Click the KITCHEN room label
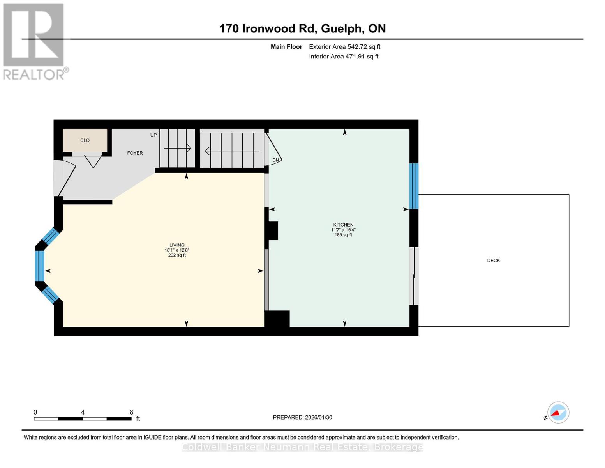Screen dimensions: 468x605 click(x=343, y=225)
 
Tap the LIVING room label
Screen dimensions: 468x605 click(x=177, y=245)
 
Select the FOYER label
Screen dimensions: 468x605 click(x=135, y=153)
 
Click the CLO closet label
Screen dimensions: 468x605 click(x=85, y=140)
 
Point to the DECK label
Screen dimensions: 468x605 click(x=493, y=261)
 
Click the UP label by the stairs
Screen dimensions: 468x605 click(x=153, y=135)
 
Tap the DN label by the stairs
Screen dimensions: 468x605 click(x=275, y=160)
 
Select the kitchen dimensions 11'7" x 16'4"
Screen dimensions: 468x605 click(x=343, y=230)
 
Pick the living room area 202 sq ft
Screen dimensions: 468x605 click(x=177, y=255)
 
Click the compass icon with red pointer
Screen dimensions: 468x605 click(x=558, y=412)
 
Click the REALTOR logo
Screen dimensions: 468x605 click(x=34, y=41)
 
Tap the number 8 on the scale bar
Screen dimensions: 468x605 click(x=131, y=412)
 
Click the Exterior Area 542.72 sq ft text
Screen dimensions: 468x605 click(x=344, y=47)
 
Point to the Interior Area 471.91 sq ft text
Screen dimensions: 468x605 click(x=344, y=57)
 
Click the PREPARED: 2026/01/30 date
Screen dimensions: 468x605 click(x=302, y=417)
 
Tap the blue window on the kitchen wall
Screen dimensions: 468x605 click(x=414, y=186)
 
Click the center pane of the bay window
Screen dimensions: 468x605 click(x=39, y=266)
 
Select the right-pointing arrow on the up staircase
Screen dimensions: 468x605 click(x=178, y=148)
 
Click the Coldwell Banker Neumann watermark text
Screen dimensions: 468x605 click(x=302, y=447)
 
